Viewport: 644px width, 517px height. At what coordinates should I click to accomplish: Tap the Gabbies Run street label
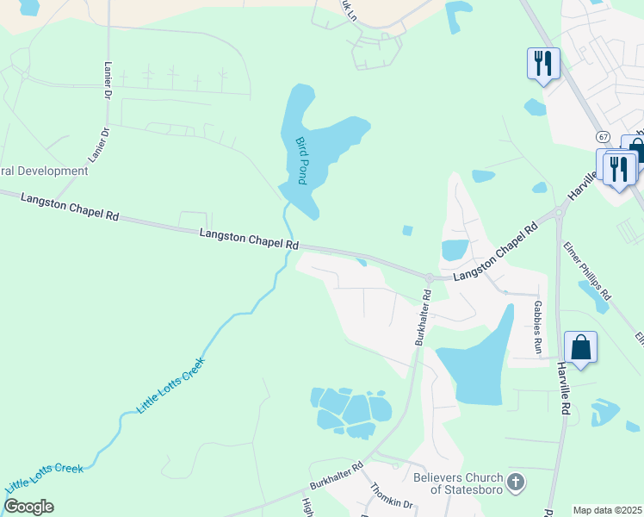tap(536, 327)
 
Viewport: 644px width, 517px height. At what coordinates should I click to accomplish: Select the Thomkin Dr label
tap(393, 495)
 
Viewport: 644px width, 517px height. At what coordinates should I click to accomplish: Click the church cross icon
tap(516, 483)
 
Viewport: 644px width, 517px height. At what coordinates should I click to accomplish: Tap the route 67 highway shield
tap(603, 137)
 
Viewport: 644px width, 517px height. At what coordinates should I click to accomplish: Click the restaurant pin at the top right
tap(543, 63)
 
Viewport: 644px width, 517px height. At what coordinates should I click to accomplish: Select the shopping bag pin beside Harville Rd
tap(581, 347)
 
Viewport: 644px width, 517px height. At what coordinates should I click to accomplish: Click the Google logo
tap(28, 507)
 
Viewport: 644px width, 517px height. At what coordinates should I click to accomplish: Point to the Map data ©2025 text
tap(607, 510)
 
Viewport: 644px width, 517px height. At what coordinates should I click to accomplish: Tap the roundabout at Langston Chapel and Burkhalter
tap(429, 277)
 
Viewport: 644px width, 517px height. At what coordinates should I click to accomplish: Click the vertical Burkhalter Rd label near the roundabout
tap(423, 318)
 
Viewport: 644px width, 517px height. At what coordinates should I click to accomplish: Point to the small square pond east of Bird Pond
tap(407, 230)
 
